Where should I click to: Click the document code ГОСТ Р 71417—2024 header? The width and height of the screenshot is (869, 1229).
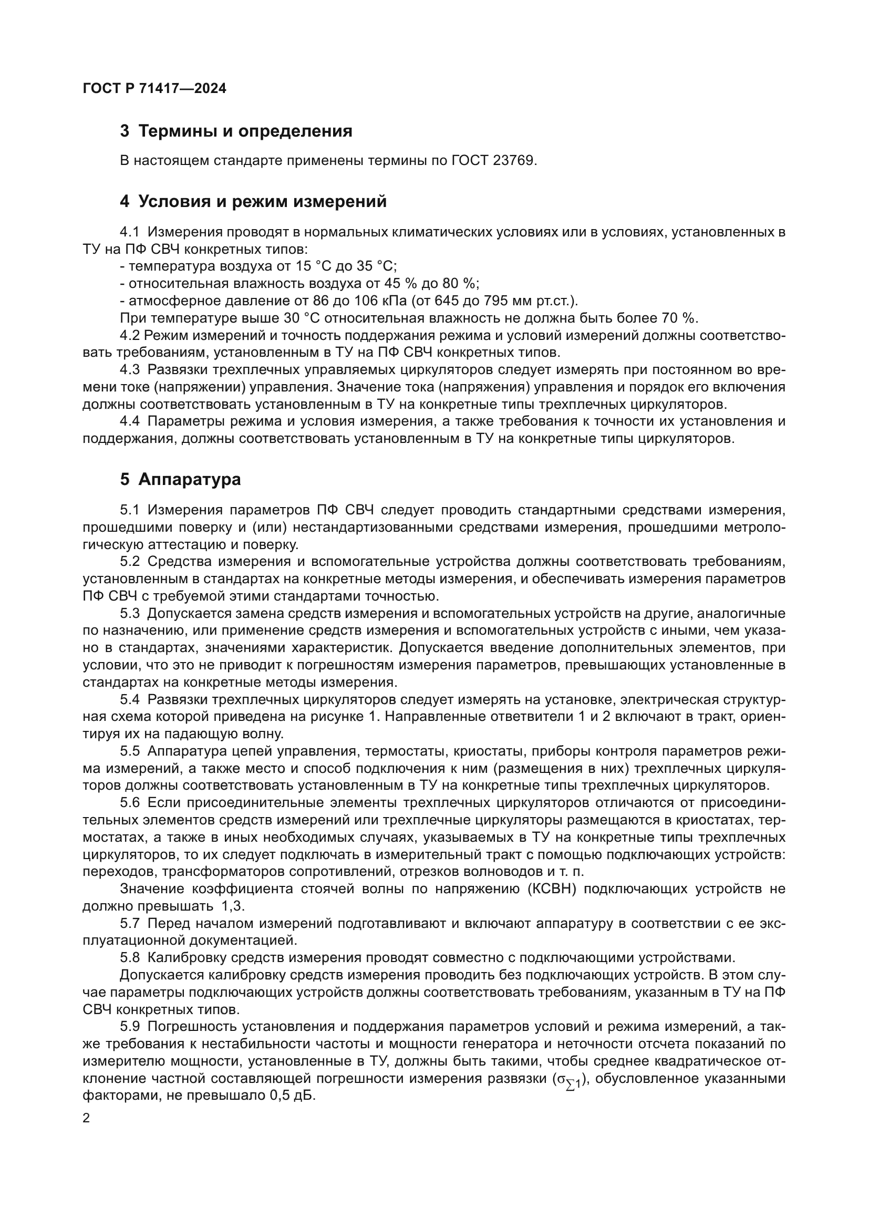(x=154, y=89)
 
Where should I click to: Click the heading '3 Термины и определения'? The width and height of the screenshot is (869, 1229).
(x=236, y=131)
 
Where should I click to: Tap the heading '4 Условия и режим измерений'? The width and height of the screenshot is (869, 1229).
(x=253, y=202)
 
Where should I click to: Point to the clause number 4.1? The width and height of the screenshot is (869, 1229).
(x=129, y=232)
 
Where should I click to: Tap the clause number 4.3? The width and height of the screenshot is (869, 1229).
(x=129, y=370)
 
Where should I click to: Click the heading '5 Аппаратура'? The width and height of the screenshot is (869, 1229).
(x=180, y=480)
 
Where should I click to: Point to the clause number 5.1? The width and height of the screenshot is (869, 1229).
(x=129, y=509)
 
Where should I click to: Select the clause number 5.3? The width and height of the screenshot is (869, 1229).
(x=129, y=613)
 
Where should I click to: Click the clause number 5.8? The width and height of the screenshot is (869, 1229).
(x=129, y=958)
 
